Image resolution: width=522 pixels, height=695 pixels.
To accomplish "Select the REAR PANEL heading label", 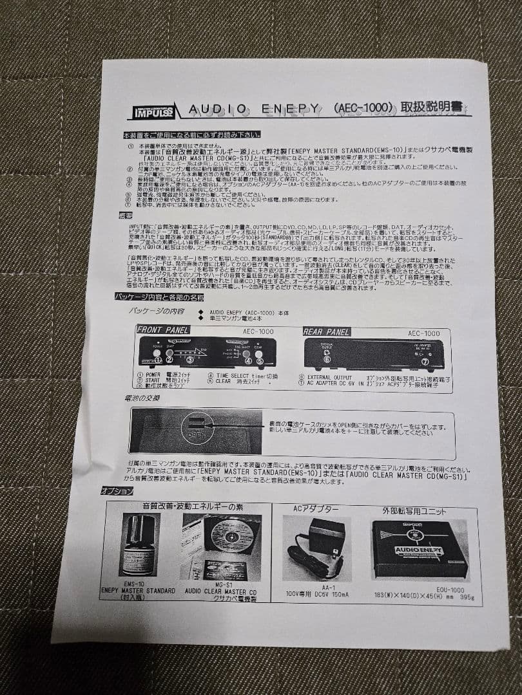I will (x=327, y=331).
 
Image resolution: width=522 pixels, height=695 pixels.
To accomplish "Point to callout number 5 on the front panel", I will (x=260, y=361).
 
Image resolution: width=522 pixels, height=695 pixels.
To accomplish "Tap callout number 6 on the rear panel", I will (x=326, y=360).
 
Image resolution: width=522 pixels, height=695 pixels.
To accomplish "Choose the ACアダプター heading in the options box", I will (x=316, y=508).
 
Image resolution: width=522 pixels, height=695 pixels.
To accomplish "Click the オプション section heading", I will (x=117, y=490).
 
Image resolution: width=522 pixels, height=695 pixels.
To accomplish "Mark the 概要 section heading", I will (x=125, y=216).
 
